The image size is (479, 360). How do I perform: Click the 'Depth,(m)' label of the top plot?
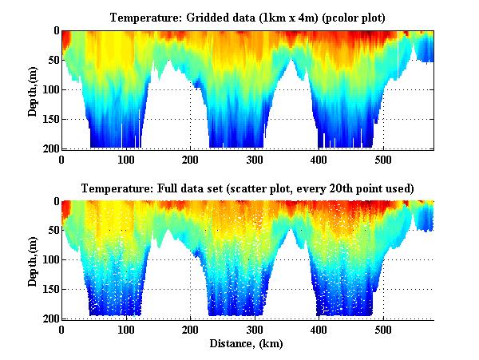[34, 89]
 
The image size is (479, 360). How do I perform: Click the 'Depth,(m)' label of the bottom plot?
[34, 260]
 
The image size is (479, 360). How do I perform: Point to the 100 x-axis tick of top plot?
[126, 160]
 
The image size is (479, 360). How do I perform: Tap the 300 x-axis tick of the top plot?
[255, 160]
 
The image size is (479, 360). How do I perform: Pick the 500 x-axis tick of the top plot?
[384, 160]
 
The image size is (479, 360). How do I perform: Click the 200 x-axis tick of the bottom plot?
[191, 330]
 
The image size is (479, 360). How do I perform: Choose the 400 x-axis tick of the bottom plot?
[319, 330]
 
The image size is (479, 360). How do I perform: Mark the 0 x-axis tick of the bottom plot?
[61, 330]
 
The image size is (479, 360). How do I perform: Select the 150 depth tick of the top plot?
[49, 119]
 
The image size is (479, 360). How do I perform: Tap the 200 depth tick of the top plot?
[49, 148]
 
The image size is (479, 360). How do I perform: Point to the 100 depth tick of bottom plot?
[49, 260]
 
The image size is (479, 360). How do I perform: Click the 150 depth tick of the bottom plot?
[49, 290]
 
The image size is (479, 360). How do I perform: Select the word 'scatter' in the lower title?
[247, 188]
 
